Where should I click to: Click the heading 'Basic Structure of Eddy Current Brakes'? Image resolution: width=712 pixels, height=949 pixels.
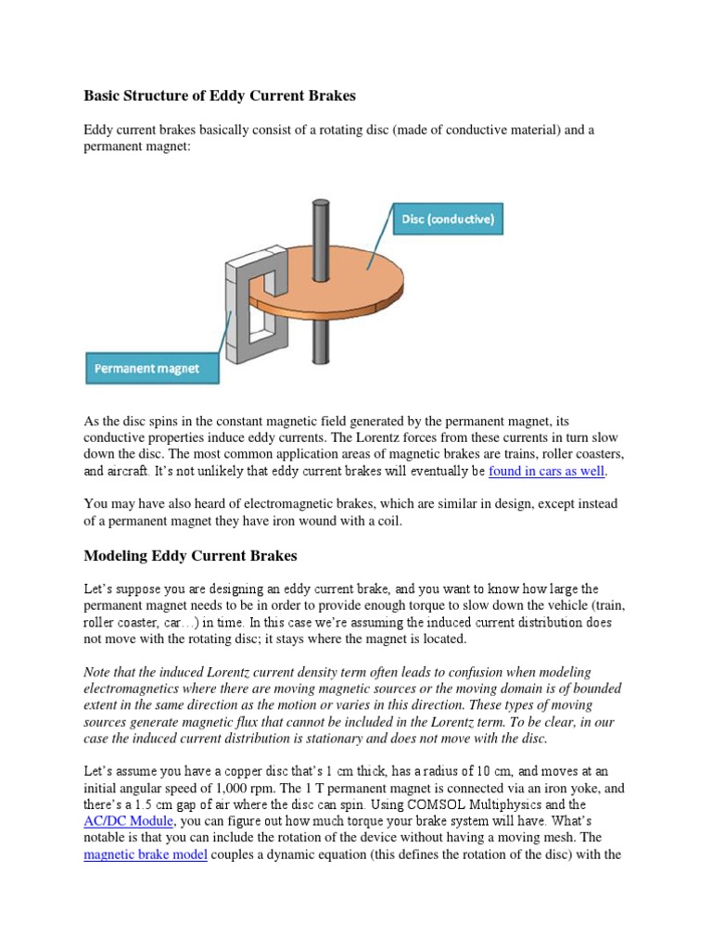pos(220,95)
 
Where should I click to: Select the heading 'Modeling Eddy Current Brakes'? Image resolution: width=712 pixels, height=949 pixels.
pos(190,556)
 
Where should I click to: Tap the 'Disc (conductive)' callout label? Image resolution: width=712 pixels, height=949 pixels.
pos(449,220)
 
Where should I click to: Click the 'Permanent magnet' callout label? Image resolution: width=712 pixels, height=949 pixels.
pos(146,368)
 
